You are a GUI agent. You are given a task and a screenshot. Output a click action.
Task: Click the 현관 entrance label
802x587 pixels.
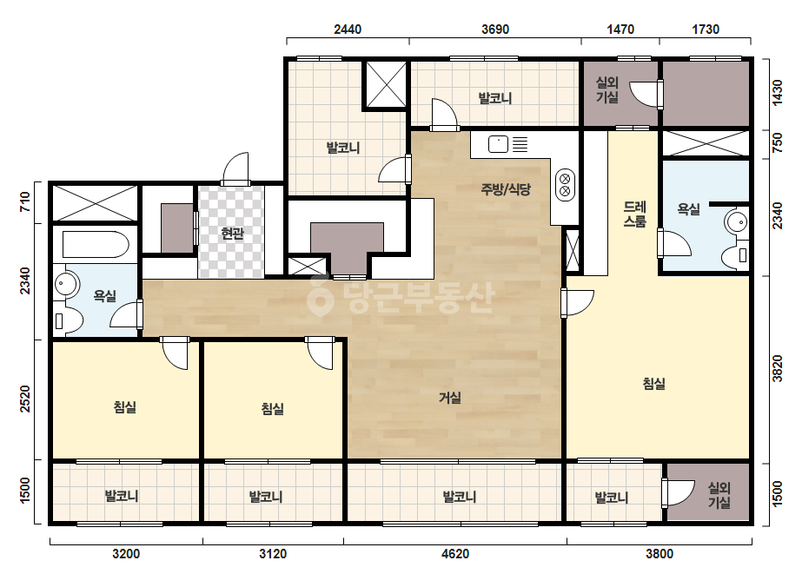pyautogui.click(x=232, y=234)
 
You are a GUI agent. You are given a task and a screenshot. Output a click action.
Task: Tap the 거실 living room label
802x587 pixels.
pyautogui.click(x=450, y=398)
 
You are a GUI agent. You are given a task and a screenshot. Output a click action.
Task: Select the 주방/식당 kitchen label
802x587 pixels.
pyautogui.click(x=506, y=189)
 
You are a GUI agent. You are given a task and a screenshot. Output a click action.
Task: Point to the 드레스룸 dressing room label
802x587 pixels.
pyautogui.click(x=635, y=214)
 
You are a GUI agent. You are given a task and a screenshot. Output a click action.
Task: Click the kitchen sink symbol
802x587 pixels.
pyautogui.click(x=498, y=144)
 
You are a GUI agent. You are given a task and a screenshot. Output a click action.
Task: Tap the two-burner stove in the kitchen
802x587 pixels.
pyautogui.click(x=565, y=185)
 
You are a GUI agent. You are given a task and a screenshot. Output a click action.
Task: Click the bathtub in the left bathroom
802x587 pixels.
pyautogui.click(x=96, y=244)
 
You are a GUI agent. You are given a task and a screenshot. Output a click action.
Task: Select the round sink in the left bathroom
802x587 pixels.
pyautogui.click(x=66, y=284)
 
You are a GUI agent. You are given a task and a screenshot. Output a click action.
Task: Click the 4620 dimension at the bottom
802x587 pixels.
pyautogui.click(x=455, y=553)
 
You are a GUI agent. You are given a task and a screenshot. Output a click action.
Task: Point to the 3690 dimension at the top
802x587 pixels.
pyautogui.click(x=495, y=30)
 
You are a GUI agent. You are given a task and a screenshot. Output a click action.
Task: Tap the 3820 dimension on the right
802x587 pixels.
pyautogui.click(x=778, y=368)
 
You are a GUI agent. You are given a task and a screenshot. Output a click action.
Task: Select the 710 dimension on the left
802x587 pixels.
pyautogui.click(x=24, y=202)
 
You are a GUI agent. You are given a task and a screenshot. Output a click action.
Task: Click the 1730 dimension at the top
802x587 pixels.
pyautogui.click(x=706, y=30)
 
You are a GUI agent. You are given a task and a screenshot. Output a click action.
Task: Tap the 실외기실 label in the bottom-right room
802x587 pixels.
pyautogui.click(x=719, y=495)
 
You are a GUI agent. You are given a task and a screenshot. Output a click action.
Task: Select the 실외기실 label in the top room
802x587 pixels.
pyautogui.click(x=607, y=89)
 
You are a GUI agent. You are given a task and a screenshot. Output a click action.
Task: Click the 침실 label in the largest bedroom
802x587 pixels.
pyautogui.click(x=654, y=383)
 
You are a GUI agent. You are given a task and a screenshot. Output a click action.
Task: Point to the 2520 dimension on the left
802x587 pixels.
pyautogui.click(x=24, y=399)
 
